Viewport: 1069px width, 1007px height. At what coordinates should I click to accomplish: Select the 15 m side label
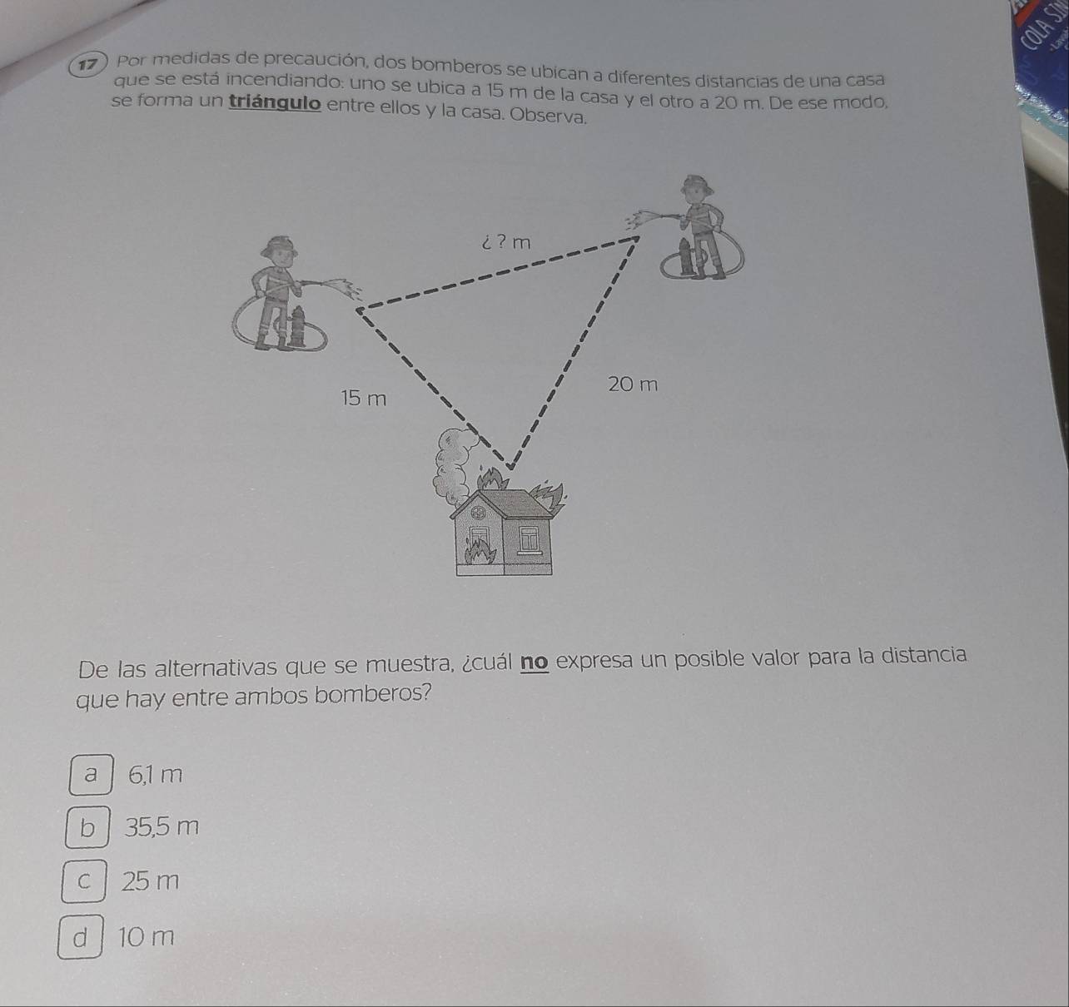pyautogui.click(x=364, y=399)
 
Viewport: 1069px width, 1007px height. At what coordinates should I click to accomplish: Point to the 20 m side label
pyautogui.click(x=633, y=384)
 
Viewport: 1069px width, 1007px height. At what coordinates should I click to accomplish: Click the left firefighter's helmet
pyautogui.click(x=279, y=246)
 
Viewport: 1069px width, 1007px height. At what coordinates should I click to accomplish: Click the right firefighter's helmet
pyautogui.click(x=697, y=184)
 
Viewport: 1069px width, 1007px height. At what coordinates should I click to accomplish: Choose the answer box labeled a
pyautogui.click(x=91, y=775)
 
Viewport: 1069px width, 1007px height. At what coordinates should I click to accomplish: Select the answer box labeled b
pyautogui.click(x=87, y=826)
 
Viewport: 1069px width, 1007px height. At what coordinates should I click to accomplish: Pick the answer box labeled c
pyautogui.click(x=83, y=881)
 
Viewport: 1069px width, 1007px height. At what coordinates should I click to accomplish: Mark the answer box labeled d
pyautogui.click(x=80, y=937)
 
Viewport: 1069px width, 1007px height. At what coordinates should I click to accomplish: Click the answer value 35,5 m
pyautogui.click(x=162, y=826)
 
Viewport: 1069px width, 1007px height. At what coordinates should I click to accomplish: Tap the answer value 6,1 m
pyautogui.click(x=156, y=775)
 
